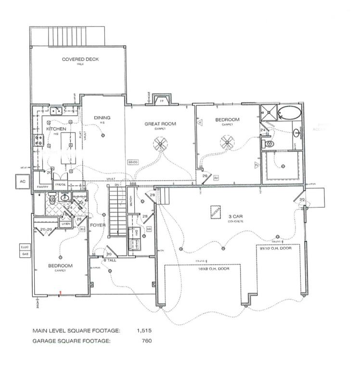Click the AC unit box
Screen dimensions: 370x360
[21, 182]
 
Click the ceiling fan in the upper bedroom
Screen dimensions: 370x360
[227, 142]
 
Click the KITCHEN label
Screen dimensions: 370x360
[56, 130]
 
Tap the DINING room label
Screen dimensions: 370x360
[102, 118]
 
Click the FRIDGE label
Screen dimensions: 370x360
[60, 185]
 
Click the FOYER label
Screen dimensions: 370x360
[98, 225]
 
